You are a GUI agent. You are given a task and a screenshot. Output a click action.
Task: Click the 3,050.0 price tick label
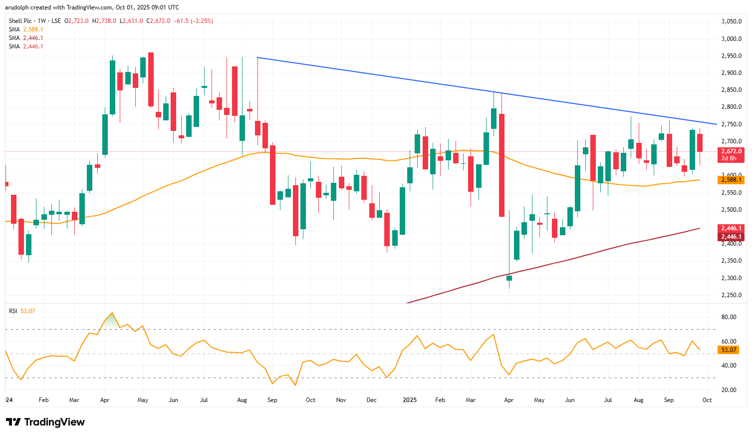click(731, 21)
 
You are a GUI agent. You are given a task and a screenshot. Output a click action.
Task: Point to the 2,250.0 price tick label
click(731, 295)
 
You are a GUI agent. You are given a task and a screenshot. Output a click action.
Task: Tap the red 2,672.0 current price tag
click(731, 151)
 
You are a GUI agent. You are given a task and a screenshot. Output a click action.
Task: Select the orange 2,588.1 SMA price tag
click(731, 180)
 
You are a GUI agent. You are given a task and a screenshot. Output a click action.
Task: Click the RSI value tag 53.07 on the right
click(729, 350)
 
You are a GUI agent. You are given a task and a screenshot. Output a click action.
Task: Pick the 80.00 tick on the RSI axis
click(729, 317)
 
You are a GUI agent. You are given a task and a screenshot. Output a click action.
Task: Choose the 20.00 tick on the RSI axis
click(729, 390)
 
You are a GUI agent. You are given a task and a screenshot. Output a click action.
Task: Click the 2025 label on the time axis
click(410, 400)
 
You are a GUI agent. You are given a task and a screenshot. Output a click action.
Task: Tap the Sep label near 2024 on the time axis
click(272, 400)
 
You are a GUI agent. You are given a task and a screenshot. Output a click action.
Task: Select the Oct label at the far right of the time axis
click(707, 400)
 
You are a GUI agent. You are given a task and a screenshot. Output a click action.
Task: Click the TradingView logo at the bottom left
click(45, 422)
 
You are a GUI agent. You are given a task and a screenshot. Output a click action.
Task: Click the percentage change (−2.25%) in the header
click(203, 21)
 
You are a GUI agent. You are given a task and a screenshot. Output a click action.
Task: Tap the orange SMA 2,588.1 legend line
click(26, 29)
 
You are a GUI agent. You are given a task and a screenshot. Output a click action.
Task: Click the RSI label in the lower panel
click(13, 311)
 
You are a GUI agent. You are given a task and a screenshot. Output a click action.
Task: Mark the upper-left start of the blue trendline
click(257, 58)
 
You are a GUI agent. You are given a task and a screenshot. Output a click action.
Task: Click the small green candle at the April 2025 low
click(509, 278)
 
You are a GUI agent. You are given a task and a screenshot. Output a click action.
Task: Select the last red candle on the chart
click(700, 143)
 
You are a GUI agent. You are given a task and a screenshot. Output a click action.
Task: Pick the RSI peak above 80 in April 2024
click(112, 313)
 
